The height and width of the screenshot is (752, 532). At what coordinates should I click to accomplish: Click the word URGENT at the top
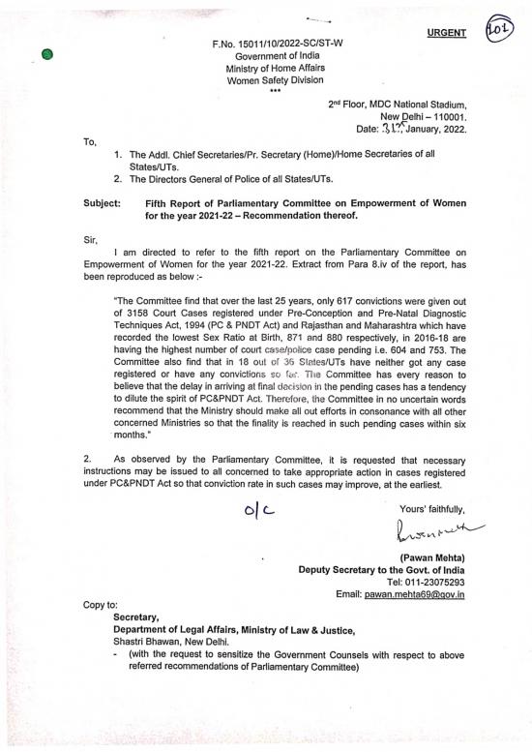447,33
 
